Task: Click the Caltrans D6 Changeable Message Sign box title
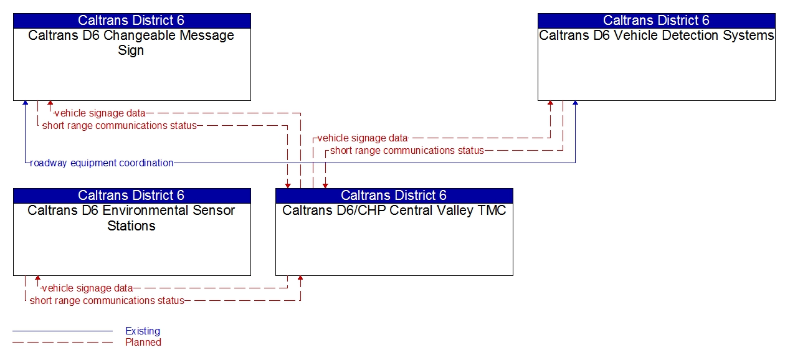(131, 43)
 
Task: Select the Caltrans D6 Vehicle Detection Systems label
(656, 36)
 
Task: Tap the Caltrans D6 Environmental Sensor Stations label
(131, 218)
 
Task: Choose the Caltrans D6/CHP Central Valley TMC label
(394, 211)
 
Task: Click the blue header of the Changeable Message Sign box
(131, 21)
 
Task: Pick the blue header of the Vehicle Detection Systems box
(656, 21)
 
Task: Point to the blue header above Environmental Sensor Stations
(131, 196)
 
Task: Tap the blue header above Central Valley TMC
(394, 196)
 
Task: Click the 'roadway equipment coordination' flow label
(102, 163)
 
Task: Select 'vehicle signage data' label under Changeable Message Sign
(100, 113)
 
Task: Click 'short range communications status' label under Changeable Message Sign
(119, 126)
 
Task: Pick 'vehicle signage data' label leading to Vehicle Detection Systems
(362, 138)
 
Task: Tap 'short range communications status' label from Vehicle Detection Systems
(407, 151)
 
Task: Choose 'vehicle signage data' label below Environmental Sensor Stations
(87, 288)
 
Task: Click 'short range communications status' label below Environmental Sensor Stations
(107, 301)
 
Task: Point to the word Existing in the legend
(143, 331)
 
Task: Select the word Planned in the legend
(143, 343)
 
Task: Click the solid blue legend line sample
(62, 331)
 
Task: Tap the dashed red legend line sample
(62, 343)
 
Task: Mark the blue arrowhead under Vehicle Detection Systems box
(575, 103)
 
